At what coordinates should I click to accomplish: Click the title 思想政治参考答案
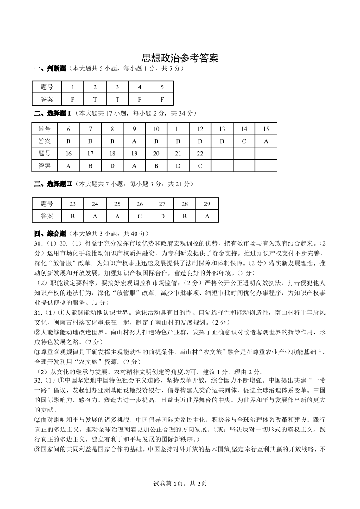coord(180,58)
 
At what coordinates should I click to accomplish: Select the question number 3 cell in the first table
coord(117,87)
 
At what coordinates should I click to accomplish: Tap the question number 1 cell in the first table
coord(73,87)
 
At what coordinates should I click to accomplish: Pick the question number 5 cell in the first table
coord(162,87)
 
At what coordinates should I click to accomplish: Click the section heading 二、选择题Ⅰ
coord(53,113)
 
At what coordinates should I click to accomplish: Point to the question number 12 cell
coord(200,129)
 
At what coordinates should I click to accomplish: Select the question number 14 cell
coord(244,129)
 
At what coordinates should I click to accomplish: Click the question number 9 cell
coord(134,129)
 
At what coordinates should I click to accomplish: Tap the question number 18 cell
coord(112,153)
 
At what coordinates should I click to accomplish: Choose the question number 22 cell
coord(200,153)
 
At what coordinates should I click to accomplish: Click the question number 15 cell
coord(266,129)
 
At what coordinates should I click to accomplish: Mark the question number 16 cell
coord(68,153)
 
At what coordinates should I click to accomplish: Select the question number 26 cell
coord(140,204)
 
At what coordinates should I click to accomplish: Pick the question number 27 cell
coord(162,204)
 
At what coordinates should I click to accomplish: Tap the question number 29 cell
coord(207,204)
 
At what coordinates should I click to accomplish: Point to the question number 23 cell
coord(73,204)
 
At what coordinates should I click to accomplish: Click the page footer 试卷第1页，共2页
coord(180,484)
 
